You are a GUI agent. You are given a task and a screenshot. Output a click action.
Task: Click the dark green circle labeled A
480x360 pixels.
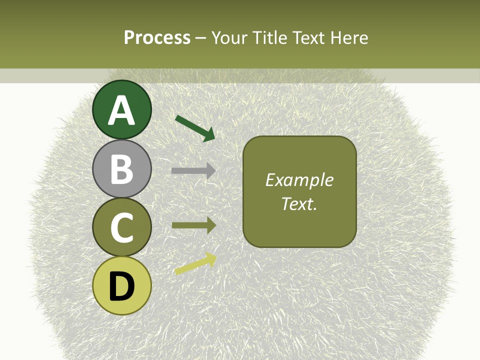(122, 109)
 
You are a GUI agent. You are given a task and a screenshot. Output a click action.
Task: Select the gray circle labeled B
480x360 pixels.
(122, 168)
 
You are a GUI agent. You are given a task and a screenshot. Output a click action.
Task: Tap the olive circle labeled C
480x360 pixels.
(122, 227)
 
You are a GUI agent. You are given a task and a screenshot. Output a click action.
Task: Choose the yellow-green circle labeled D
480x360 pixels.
(122, 285)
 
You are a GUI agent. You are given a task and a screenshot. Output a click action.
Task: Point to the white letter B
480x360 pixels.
(122, 169)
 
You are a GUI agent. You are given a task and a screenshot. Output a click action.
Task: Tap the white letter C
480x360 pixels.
(122, 227)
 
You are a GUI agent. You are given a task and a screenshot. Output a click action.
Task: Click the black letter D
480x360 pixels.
(122, 286)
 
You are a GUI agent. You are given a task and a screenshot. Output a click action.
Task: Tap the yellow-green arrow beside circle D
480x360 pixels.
(195, 263)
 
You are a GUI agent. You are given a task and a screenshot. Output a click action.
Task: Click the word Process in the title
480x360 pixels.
(157, 37)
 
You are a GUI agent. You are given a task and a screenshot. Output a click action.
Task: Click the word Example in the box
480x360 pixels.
(299, 180)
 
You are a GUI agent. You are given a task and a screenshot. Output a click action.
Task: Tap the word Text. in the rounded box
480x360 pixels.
(299, 203)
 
